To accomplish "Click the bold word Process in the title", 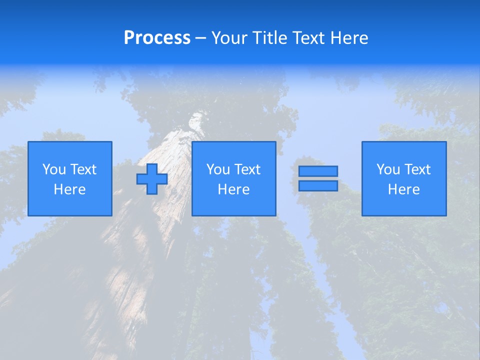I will point(157,38).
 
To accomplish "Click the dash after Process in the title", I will point(200,38).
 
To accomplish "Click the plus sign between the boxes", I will point(152,179).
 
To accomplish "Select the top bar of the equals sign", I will point(318,171).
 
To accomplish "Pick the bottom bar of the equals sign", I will point(318,185).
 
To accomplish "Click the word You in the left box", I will point(54,169).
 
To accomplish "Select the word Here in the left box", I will point(70,189).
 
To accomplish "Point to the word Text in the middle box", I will point(247,169).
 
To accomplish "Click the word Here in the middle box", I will point(234,189).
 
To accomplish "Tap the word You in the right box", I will point(388,169).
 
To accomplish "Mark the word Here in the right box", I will point(404,189).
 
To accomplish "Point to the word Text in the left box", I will point(83,169).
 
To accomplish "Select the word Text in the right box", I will point(417,169).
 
